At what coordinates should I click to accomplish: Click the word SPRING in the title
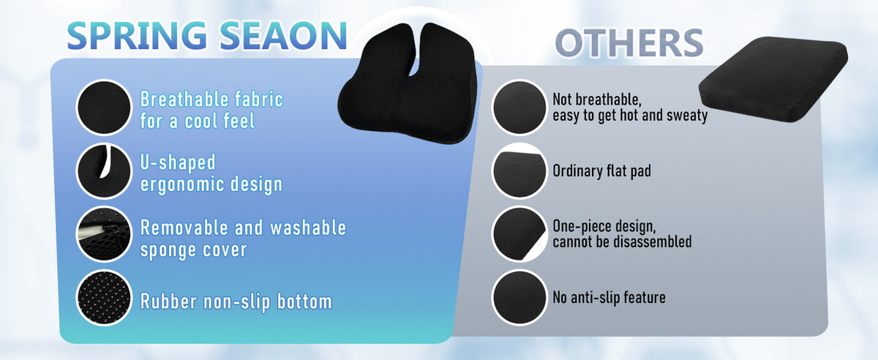click(x=138, y=36)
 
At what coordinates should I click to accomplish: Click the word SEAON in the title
click(x=284, y=36)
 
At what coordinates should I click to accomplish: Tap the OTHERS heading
click(x=629, y=42)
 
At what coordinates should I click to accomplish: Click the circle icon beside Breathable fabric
click(x=104, y=108)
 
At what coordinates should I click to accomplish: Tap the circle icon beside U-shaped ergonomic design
click(x=104, y=171)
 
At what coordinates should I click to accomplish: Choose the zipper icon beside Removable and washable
click(x=104, y=234)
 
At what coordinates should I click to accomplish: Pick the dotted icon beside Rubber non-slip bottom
click(x=104, y=297)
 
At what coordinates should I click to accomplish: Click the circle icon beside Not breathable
click(x=519, y=108)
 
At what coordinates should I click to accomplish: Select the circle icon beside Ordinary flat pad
click(x=519, y=171)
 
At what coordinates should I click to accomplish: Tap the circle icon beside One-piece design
click(x=519, y=234)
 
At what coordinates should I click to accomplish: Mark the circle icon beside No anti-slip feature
click(x=519, y=297)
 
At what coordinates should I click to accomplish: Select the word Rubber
click(x=168, y=301)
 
